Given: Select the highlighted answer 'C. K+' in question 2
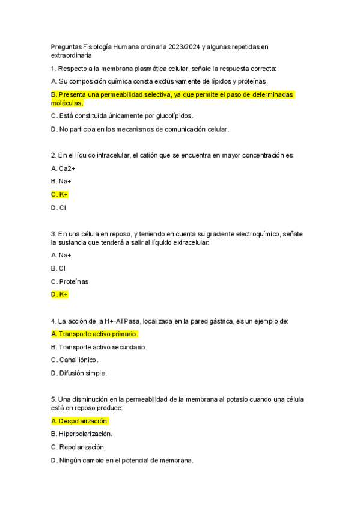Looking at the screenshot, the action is pyautogui.click(x=59, y=194).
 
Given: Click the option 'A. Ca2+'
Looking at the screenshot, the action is pyautogui.click(x=63, y=168).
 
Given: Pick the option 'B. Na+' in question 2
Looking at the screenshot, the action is pyautogui.click(x=61, y=181).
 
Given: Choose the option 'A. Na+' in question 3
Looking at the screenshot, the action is pyautogui.click(x=61, y=255).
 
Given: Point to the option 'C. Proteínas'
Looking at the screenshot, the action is pyautogui.click(x=70, y=281).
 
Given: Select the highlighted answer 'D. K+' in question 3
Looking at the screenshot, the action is pyautogui.click(x=59, y=295).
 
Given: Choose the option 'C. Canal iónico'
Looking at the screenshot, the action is pyautogui.click(x=75, y=360).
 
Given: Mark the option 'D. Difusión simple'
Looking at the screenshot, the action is pyautogui.click(x=79, y=373).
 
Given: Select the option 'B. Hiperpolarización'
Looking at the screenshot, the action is pyautogui.click(x=82, y=434).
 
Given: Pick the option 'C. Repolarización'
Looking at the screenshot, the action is pyautogui.click(x=78, y=447).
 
